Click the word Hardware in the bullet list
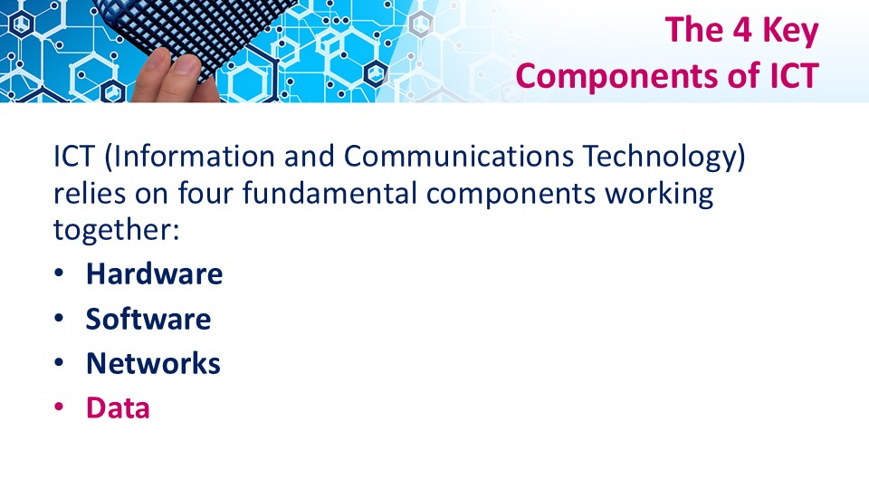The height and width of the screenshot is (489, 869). point(154,273)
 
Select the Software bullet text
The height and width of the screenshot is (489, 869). point(148,319)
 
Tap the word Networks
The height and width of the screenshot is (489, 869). point(153,363)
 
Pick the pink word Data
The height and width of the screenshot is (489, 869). point(118,407)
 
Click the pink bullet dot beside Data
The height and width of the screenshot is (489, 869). point(59,407)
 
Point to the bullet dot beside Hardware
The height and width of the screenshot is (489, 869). point(59,273)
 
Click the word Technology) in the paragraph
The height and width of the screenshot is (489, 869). point(664,157)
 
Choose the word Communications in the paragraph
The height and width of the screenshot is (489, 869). point(458,156)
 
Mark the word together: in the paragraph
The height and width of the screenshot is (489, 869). point(117,230)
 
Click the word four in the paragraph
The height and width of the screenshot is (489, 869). point(205,193)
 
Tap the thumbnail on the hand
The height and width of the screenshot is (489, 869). point(186,66)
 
